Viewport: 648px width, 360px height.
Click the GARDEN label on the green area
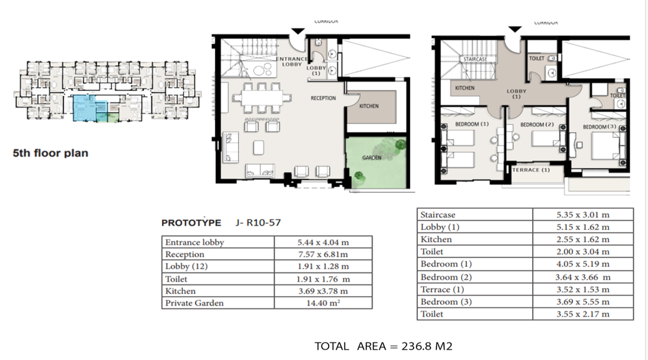(372, 157)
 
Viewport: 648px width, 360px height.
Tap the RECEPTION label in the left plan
(323, 98)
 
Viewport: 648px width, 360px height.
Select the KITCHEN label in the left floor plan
(369, 106)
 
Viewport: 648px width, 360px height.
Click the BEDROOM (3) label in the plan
(599, 127)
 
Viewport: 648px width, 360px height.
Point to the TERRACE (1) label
(531, 170)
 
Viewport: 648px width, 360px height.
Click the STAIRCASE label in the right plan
(475, 59)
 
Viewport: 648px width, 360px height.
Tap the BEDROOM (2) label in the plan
(537, 125)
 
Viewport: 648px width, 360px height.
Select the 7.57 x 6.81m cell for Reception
(323, 254)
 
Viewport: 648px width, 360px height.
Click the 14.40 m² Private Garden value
(323, 303)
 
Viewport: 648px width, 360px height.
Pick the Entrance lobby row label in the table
(194, 242)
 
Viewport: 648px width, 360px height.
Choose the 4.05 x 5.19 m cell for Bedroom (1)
(583, 264)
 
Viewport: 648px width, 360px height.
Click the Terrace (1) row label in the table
(442, 290)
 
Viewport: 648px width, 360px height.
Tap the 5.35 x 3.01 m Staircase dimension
(583, 215)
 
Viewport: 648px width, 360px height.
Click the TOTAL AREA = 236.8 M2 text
(383, 346)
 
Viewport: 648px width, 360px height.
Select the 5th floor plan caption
(50, 153)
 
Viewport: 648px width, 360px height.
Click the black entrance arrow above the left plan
(298, 31)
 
